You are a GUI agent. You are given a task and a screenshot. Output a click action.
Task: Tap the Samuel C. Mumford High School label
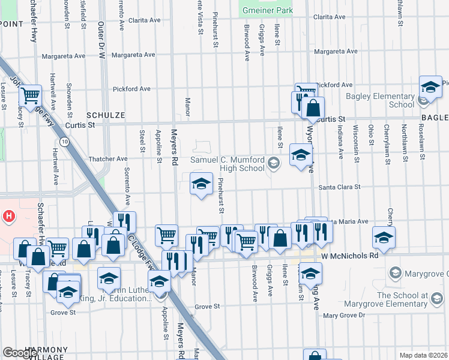coord(228,164)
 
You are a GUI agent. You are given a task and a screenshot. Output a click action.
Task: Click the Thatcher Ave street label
coord(108,159)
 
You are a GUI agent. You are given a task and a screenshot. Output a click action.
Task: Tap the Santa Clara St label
coord(339,187)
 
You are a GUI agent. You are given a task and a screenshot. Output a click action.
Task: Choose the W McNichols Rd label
coord(349,255)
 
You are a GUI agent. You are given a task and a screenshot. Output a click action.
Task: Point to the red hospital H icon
coord(9,215)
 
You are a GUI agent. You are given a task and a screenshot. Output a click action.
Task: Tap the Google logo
coord(20,353)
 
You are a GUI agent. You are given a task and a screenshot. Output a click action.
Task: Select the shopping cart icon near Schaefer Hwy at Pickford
coord(31,95)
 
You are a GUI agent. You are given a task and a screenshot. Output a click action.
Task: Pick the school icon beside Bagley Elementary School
coord(430,88)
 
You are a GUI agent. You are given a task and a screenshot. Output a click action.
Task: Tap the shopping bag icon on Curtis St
coord(313,109)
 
